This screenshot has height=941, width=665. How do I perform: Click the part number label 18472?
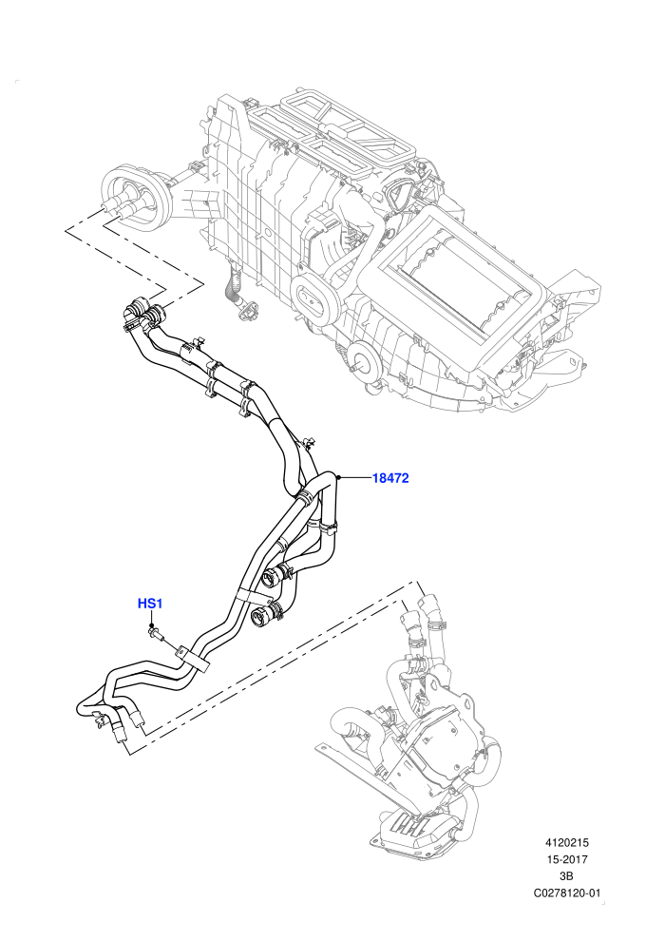tap(390, 478)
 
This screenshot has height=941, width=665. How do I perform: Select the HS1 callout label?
tap(150, 604)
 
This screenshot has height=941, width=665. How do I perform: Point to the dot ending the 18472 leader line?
tap(339, 478)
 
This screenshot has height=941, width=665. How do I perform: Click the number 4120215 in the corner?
tap(565, 843)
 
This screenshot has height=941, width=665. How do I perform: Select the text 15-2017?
tap(565, 859)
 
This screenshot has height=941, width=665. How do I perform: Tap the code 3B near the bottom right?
tap(565, 875)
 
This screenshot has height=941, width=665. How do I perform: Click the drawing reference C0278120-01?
tap(566, 893)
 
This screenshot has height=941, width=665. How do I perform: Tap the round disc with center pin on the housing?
tap(364, 360)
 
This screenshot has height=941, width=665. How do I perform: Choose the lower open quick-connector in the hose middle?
tap(264, 615)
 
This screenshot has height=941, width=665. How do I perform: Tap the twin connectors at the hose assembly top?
tap(143, 314)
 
